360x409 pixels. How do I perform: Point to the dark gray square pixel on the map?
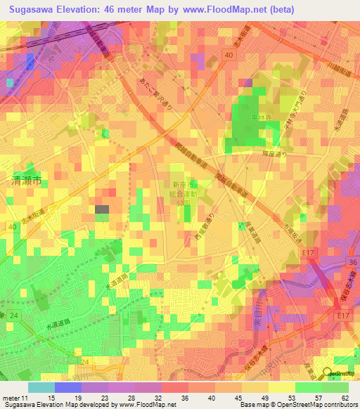tap(102, 209)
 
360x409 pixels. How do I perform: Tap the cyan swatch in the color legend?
tap(41, 387)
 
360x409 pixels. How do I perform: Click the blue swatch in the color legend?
tap(67, 387)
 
